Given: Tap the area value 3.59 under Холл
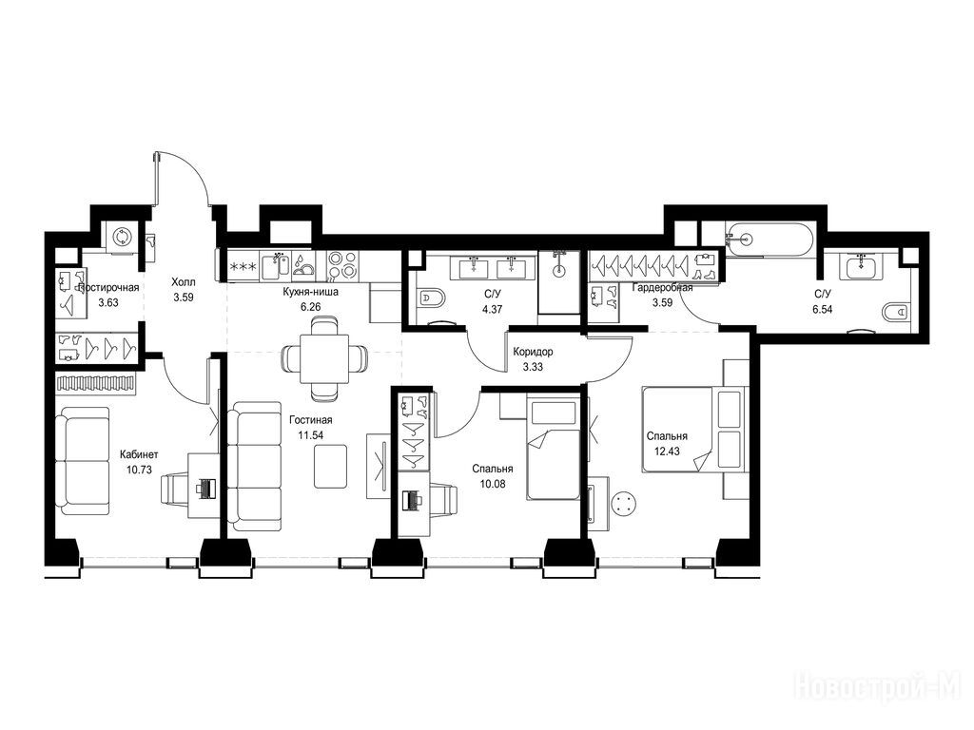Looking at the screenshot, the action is coord(184,297).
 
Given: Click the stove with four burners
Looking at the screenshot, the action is coord(342,265).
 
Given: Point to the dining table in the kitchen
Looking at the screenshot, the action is coord(324,359).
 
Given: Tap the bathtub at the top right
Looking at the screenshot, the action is coord(769,238).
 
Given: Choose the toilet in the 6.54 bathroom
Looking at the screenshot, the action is coord(896,311).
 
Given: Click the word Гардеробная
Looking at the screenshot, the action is coord(662,287).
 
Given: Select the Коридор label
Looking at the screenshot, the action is coord(533,352).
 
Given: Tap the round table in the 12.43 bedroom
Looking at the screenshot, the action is coord(624,503).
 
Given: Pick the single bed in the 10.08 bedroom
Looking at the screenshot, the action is coord(553,450).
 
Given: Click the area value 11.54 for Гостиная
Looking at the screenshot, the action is coord(311,435).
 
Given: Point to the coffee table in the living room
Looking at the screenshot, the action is coord(330,467).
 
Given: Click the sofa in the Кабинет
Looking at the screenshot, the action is coord(82,461).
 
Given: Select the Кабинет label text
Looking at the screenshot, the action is coord(139,454).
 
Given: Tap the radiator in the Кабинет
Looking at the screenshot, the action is coord(96,383).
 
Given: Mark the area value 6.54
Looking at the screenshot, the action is coord(823,309).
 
